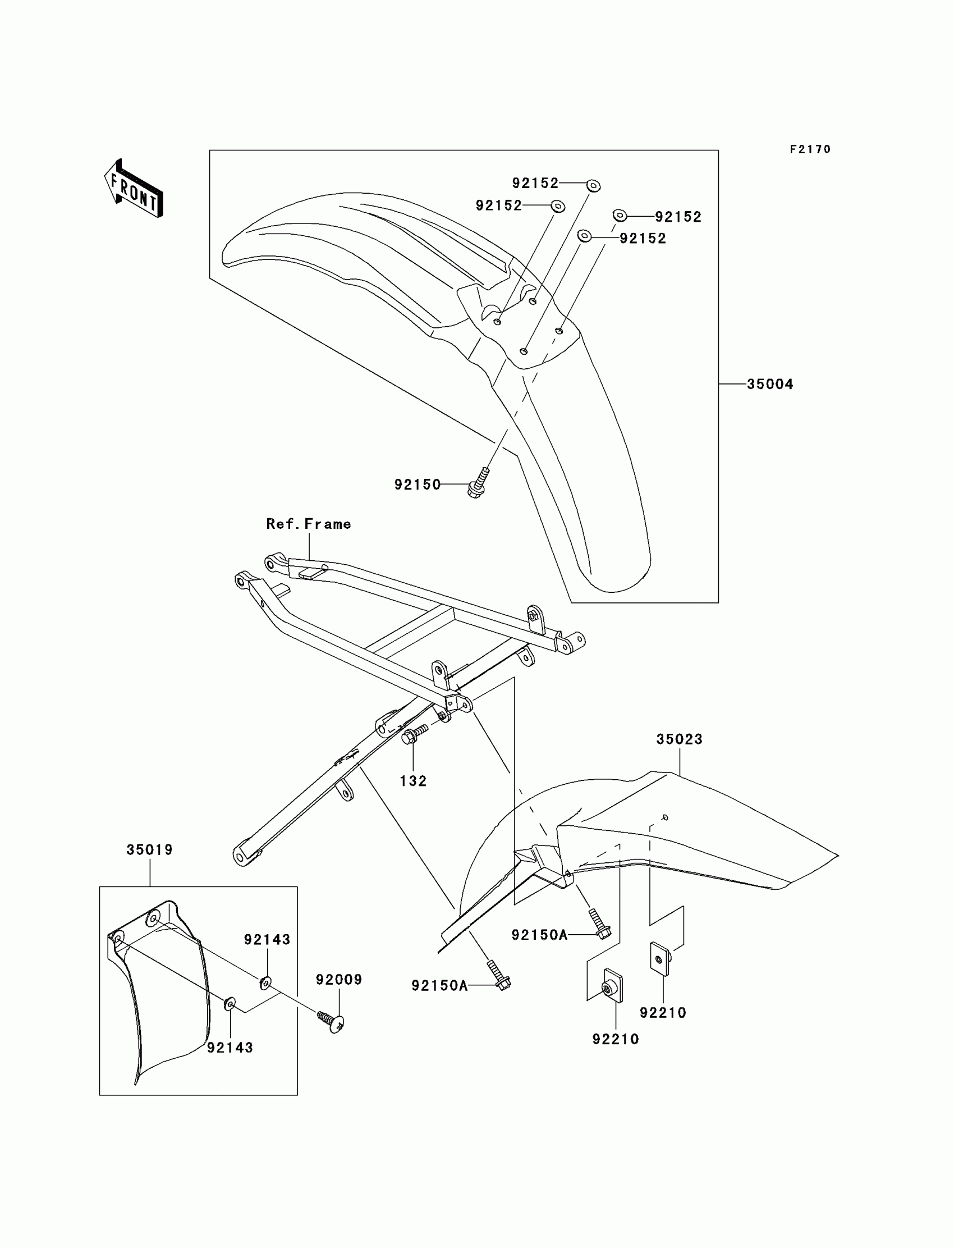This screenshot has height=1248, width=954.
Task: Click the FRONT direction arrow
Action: pos(134,189)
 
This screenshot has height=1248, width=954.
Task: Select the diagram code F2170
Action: pos(810,149)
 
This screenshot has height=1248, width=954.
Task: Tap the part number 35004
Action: pos(769,385)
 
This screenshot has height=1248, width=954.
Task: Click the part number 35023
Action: pos(679,739)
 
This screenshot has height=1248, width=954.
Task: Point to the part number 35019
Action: pos(149,850)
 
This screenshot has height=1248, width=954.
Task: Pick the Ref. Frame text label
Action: pos(308,524)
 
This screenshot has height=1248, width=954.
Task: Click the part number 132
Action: pos(413,781)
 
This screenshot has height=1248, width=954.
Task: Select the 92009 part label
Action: pos(339,979)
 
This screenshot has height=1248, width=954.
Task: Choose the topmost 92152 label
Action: pos(535,184)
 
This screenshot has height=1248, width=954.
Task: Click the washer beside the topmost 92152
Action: pos(593,185)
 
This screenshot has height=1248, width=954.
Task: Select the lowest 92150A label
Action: pos(439,986)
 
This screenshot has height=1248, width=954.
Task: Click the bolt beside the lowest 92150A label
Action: pos(498,975)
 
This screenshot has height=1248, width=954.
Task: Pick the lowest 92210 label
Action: pos(616,1039)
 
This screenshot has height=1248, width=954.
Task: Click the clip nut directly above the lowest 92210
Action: pos(612,989)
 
